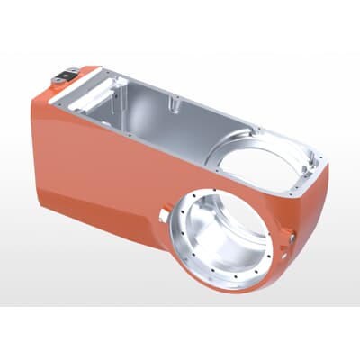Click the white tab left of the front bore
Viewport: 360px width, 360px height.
coord(162,214)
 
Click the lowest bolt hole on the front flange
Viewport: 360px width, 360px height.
coord(226,285)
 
